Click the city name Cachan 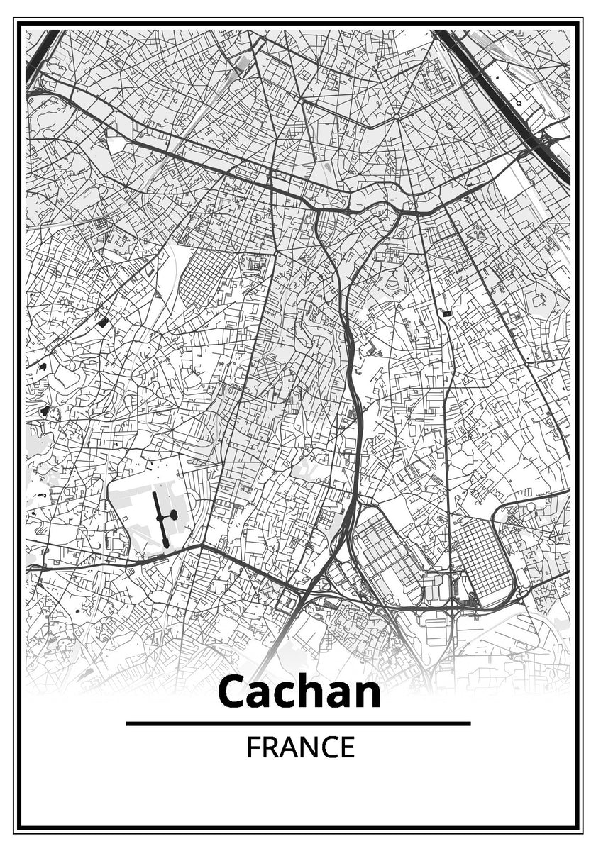click(299, 692)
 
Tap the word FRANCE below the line click(300, 747)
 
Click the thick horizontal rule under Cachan click(298, 723)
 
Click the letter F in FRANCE click(253, 747)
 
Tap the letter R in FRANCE click(270, 747)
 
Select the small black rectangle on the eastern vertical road click(446, 313)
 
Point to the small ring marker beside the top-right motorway click(519, 103)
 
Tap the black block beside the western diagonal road click(103, 323)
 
